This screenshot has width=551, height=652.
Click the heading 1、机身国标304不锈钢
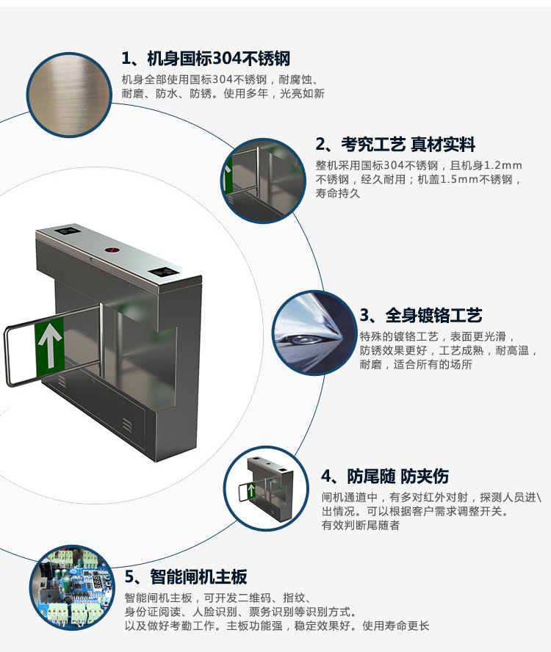click(206, 59)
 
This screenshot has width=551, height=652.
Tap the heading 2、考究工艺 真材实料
click(395, 145)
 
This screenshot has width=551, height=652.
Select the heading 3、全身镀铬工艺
click(421, 315)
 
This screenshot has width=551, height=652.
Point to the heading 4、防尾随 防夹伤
click(385, 476)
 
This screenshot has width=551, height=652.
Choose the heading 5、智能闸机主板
click(186, 576)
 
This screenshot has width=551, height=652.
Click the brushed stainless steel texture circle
click(69, 95)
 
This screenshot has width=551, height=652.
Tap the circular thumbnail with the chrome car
click(314, 333)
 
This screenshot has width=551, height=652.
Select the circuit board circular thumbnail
click(72, 587)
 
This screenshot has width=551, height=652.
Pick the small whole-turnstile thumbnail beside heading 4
click(266, 488)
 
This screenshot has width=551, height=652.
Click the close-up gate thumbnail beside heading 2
click(263, 181)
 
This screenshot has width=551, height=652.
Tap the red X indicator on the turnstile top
click(111, 250)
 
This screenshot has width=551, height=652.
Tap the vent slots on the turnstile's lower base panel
click(127, 424)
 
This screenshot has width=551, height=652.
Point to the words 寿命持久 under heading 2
click(337, 193)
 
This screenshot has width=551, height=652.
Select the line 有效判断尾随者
click(361, 525)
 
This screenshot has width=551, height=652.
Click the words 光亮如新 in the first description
click(302, 93)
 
